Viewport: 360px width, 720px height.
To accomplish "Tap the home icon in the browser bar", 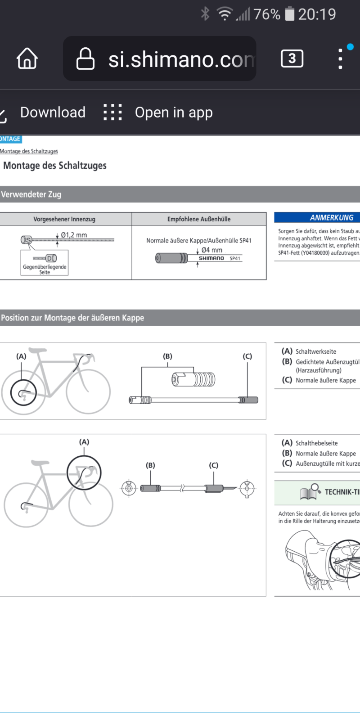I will tap(27, 58).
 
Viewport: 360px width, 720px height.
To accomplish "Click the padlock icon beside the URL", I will tap(85, 59).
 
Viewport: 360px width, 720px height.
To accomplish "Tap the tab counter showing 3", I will tap(292, 58).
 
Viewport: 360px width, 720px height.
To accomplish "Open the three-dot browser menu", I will tap(340, 58).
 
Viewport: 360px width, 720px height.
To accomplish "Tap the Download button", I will tap(53, 112).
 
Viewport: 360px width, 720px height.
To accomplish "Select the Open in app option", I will tap(173, 112).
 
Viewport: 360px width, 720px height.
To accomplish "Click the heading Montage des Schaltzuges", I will tap(55, 166).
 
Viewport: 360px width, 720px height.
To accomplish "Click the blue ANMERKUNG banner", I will tap(317, 218).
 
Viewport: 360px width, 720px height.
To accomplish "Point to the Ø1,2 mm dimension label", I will tap(74, 235).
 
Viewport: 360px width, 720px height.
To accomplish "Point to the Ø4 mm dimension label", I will tap(211, 250).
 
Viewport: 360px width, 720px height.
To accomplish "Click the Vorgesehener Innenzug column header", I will tap(64, 219).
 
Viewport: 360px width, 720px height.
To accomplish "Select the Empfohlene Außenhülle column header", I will tap(199, 219).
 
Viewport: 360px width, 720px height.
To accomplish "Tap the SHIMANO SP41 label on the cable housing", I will tap(220, 258).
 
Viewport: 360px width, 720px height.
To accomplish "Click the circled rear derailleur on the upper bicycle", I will tap(23, 392).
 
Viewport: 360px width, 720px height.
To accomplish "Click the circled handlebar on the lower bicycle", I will tap(84, 472).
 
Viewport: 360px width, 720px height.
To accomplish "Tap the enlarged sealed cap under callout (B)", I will tap(193, 379).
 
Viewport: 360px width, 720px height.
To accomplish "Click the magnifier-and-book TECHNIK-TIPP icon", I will tap(310, 492).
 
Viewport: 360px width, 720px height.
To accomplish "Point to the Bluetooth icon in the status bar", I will tap(205, 14).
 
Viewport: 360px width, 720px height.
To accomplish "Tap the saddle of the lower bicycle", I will tap(40, 463).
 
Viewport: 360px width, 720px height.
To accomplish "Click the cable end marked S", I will tap(27, 240).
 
